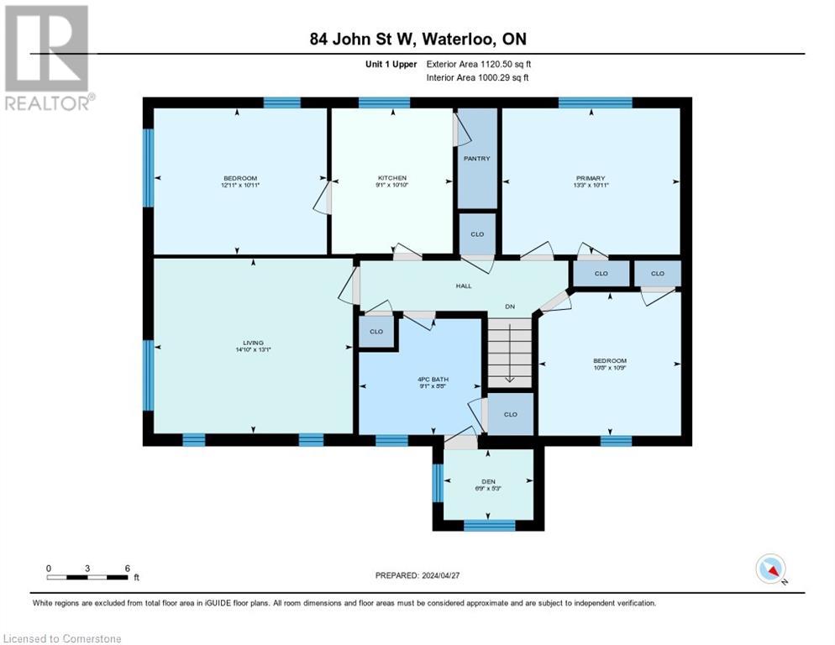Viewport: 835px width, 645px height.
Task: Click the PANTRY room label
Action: pyautogui.click(x=476, y=158)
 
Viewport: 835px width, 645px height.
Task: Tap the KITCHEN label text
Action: pyautogui.click(x=391, y=178)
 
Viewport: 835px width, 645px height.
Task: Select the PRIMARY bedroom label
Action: pyautogui.click(x=591, y=178)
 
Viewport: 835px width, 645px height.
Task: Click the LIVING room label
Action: pyautogui.click(x=253, y=343)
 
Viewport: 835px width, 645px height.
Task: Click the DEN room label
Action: pyautogui.click(x=488, y=481)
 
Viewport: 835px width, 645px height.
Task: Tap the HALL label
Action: pyautogui.click(x=463, y=286)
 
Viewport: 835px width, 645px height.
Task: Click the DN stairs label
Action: pyautogui.click(x=509, y=307)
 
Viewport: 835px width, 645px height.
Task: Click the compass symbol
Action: pyautogui.click(x=770, y=569)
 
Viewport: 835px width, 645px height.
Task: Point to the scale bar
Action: pyautogui.click(x=87, y=577)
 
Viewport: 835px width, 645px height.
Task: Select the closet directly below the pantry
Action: pyautogui.click(x=476, y=233)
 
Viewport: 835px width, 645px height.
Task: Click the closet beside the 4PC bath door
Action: pyautogui.click(x=376, y=331)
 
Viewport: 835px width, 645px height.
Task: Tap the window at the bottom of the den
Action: pyautogui.click(x=489, y=526)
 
